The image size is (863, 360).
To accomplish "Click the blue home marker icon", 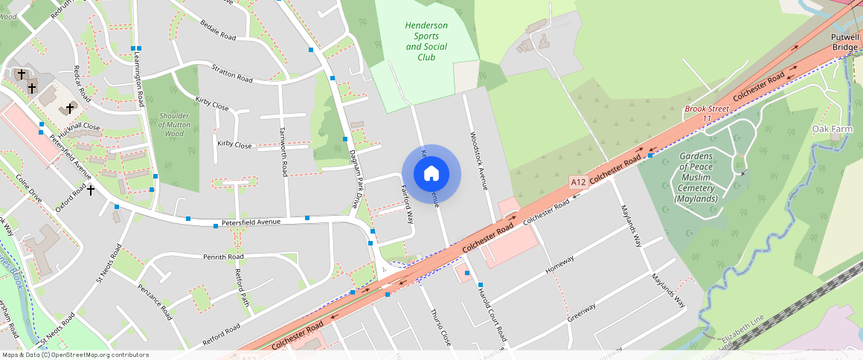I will tap(431, 174).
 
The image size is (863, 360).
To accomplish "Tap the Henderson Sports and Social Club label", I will tap(426, 41).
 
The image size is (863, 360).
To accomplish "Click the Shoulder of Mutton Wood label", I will tap(173, 125).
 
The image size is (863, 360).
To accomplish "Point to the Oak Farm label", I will tap(831, 129).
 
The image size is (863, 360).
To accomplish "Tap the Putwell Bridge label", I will tap(845, 41).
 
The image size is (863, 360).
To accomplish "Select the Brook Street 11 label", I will tap(708, 113).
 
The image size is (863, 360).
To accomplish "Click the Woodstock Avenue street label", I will tap(478, 161).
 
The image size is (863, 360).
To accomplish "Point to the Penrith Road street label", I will tap(223, 257).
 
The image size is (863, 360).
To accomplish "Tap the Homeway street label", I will tap(560, 264).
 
